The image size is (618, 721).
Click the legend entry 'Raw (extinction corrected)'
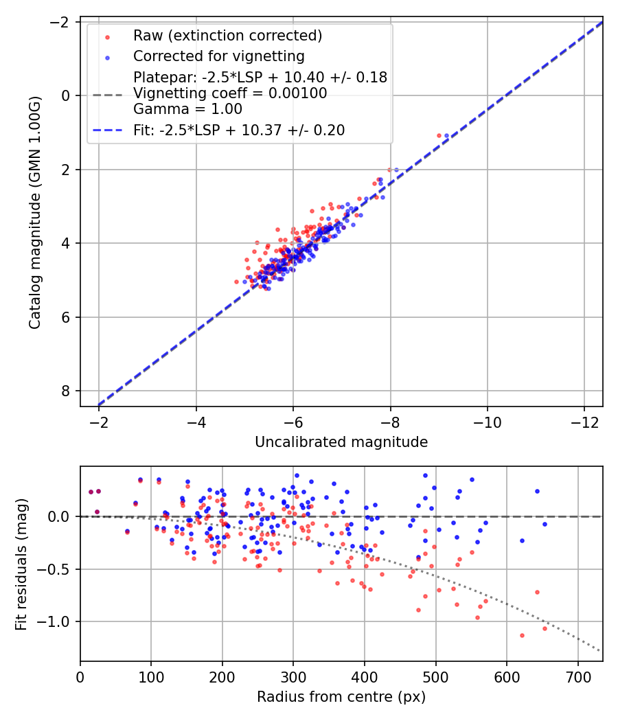(x=227, y=35)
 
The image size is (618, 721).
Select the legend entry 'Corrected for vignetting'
(x=218, y=56)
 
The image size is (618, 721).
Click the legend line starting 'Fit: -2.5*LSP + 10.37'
(x=239, y=130)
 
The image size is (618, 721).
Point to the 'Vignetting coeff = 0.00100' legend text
(x=230, y=93)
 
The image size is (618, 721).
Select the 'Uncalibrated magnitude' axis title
(x=341, y=442)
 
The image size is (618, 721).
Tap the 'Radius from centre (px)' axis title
(x=341, y=697)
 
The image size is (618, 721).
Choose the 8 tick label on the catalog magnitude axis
(x=66, y=391)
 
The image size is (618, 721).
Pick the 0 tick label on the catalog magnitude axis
(x=66, y=95)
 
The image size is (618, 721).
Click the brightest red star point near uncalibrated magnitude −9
(x=439, y=135)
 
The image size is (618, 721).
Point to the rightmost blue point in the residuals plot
(x=545, y=524)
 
